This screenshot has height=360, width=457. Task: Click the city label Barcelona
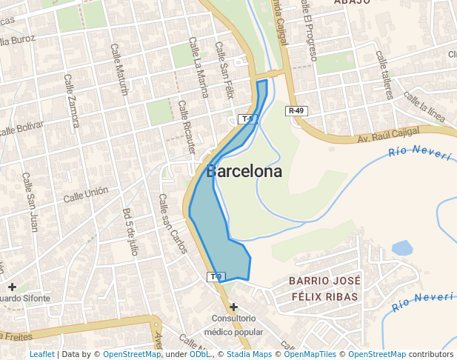click(244, 171)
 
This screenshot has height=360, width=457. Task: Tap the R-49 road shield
click(296, 111)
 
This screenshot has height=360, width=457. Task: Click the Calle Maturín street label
click(119, 70)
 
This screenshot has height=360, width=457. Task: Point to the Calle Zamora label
click(72, 100)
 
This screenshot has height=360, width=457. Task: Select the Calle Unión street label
click(85, 196)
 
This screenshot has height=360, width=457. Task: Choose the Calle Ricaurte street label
click(188, 124)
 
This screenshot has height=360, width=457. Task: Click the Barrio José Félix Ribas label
click(324, 289)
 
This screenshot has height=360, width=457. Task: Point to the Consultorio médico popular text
click(238, 326)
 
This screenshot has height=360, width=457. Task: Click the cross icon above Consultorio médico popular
click(233, 307)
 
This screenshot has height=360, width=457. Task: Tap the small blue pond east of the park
click(401, 247)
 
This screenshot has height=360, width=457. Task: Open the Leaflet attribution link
click(41, 355)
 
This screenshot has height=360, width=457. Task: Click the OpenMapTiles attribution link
click(310, 355)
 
